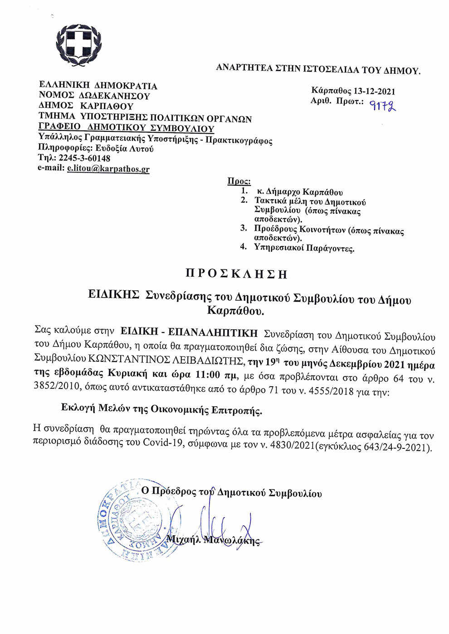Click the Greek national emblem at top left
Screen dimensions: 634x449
click(x=78, y=45)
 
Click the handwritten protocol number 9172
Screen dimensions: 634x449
click(x=382, y=106)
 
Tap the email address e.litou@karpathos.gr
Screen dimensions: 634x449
click(x=108, y=169)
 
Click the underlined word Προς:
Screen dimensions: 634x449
click(x=239, y=181)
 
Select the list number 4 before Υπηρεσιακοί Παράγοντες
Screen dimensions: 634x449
click(x=244, y=246)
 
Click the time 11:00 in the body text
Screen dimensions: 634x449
click(x=207, y=375)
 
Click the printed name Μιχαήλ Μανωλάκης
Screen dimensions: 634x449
click(x=213, y=540)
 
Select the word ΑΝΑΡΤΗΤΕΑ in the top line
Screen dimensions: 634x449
click(x=244, y=68)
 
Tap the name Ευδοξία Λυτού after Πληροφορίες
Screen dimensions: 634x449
click(x=124, y=149)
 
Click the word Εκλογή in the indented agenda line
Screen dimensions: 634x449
click(x=78, y=408)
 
